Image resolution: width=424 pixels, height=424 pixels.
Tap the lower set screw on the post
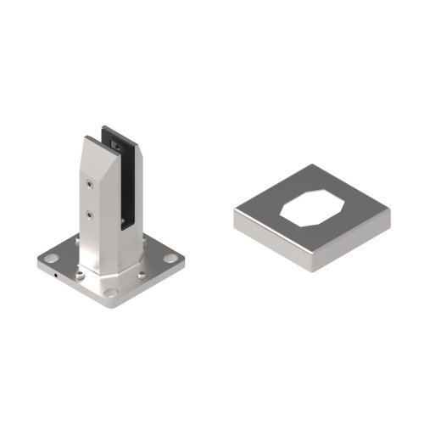click(90, 215)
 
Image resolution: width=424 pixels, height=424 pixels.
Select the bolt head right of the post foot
click(141, 273)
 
